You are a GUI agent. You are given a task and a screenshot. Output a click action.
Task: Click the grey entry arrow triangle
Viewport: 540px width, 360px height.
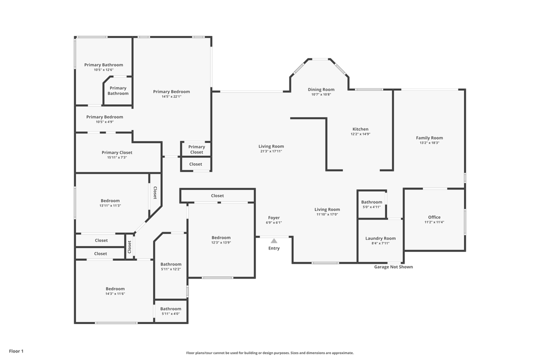(274, 240)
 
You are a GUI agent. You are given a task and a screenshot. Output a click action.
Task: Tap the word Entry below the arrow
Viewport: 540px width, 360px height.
(274, 248)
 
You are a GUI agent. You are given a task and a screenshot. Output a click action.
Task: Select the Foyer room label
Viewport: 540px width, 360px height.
(274, 217)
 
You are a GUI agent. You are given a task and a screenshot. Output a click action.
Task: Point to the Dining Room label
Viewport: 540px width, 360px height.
(321, 89)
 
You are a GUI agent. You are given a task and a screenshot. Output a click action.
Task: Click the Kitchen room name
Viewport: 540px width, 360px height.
(360, 129)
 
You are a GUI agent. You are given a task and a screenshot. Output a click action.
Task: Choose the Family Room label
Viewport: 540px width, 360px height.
(429, 138)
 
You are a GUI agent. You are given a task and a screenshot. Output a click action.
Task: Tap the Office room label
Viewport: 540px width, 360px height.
(434, 217)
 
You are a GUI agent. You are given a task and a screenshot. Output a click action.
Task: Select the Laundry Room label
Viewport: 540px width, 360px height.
(380, 238)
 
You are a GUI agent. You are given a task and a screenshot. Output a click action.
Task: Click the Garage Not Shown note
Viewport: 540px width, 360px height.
(393, 267)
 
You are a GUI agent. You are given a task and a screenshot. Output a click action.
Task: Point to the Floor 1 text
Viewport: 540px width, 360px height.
(16, 351)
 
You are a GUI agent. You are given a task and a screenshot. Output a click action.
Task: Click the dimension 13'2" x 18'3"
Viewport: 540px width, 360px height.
(429, 143)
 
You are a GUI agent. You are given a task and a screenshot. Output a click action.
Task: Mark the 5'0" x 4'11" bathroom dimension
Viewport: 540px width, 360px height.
(371, 207)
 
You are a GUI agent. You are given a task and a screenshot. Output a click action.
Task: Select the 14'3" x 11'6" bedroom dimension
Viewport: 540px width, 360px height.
(115, 294)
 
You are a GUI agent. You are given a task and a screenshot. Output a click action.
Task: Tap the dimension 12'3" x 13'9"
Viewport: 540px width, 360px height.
(221, 242)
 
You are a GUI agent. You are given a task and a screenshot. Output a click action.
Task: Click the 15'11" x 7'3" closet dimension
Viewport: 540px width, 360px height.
(117, 157)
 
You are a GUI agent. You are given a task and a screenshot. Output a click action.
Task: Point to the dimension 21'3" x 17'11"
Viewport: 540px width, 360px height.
(271, 151)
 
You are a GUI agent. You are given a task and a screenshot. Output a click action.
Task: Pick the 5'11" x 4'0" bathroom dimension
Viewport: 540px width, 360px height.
(170, 314)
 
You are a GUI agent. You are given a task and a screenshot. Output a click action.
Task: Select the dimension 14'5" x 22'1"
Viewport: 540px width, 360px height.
(171, 96)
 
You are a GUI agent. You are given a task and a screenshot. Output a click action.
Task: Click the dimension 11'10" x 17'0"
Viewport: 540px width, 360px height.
(327, 214)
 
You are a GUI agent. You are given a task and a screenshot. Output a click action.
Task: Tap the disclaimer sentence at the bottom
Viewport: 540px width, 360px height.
(270, 353)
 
